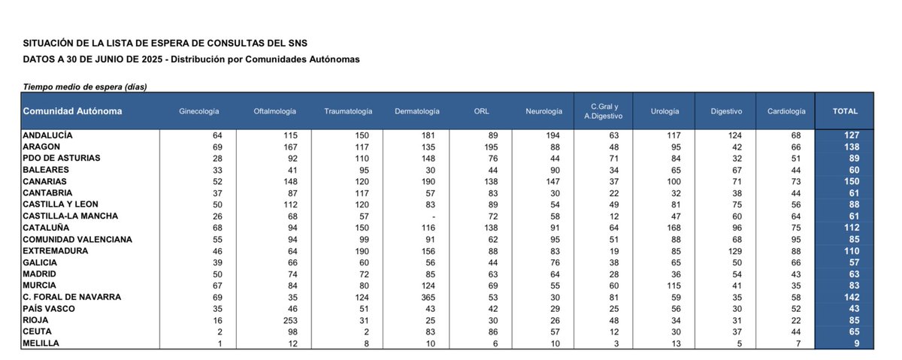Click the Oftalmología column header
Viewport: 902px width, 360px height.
click(x=275, y=111)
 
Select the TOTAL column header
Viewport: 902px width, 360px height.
click(x=845, y=111)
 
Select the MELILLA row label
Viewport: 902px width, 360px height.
click(x=41, y=343)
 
